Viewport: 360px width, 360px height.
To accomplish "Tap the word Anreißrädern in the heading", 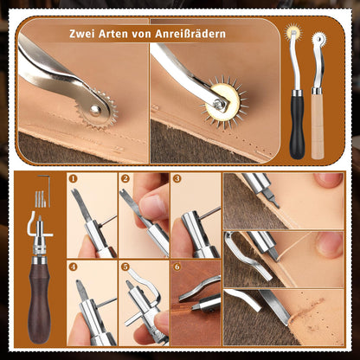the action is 190,34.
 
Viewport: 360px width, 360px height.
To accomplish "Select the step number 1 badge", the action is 74,178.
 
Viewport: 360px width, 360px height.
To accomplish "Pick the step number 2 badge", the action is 125,178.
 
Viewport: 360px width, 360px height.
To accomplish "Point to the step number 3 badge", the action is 177,178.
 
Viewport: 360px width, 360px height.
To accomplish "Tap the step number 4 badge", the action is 74,267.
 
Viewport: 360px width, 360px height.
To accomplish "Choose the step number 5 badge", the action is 125,267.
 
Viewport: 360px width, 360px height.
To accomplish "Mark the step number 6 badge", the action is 177,267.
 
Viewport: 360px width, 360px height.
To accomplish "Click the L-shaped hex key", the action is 46,189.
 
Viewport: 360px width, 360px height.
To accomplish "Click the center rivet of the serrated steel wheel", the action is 95,110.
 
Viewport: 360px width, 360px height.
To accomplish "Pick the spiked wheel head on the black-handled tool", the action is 293,32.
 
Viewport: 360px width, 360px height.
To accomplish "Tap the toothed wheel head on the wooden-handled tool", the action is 318,39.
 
